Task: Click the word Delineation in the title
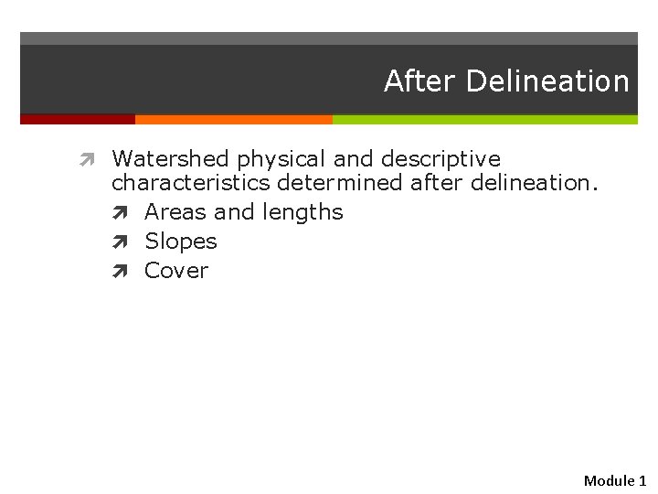(547, 81)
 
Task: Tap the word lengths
(302, 212)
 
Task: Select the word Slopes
(181, 242)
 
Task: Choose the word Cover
(176, 271)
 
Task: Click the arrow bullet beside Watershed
(87, 160)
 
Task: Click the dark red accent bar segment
(78, 119)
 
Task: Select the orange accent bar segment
(233, 119)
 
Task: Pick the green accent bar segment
(484, 119)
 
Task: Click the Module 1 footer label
(614, 480)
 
